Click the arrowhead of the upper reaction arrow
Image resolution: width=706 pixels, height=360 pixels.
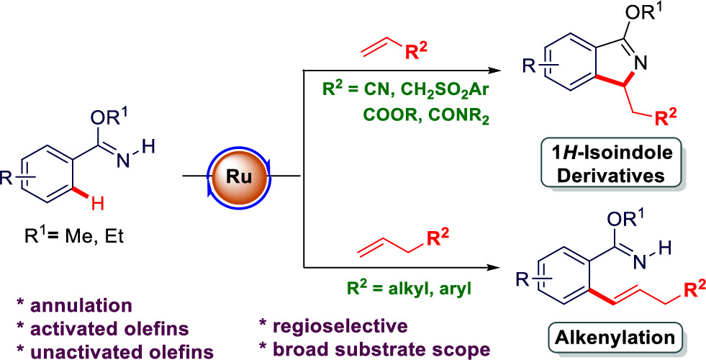496,71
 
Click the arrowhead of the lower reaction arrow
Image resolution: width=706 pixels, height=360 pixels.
496,268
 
